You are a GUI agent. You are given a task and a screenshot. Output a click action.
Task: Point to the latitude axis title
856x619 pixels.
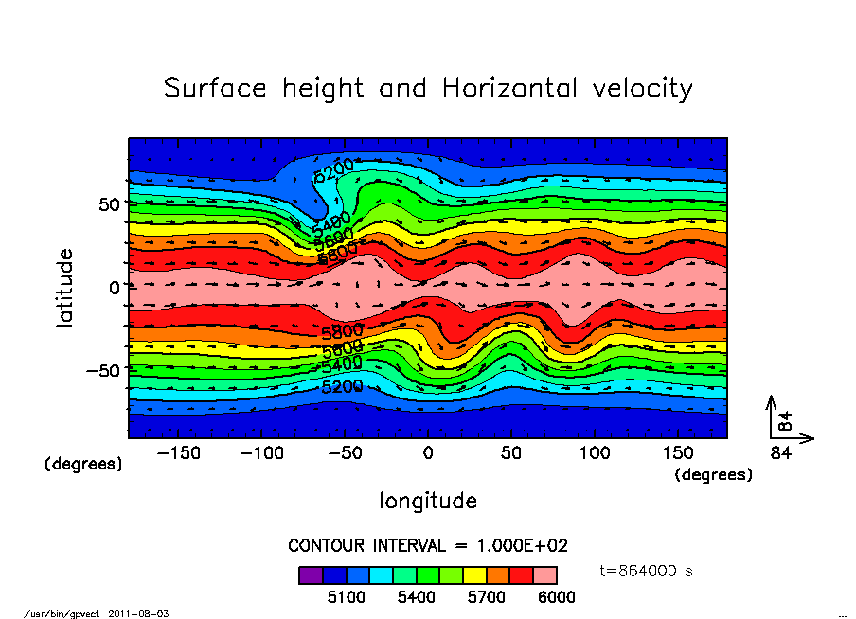(x=65, y=287)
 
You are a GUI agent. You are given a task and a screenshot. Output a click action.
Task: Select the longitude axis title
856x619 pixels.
(x=428, y=501)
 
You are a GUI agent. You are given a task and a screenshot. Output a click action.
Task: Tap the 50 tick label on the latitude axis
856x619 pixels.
(x=111, y=203)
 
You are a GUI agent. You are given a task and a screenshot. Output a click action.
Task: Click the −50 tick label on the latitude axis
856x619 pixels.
(x=104, y=370)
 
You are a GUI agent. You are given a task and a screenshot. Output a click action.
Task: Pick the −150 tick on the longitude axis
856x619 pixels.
(x=179, y=453)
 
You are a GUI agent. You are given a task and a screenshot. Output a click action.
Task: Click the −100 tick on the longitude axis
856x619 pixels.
(x=262, y=453)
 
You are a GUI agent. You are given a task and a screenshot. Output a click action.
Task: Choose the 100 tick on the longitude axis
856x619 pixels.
(x=595, y=453)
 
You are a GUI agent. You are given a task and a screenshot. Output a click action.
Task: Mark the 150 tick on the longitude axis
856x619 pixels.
(x=678, y=453)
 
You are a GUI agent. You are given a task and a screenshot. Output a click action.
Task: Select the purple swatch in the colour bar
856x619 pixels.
(x=310, y=575)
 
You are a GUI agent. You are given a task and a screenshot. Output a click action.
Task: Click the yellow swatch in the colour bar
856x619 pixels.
(x=473, y=575)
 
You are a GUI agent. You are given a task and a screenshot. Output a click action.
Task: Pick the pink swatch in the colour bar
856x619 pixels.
(x=544, y=575)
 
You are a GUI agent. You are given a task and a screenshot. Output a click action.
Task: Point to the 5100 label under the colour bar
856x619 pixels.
(x=345, y=597)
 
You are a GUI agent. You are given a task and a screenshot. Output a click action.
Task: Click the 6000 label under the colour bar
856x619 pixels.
(x=556, y=597)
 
